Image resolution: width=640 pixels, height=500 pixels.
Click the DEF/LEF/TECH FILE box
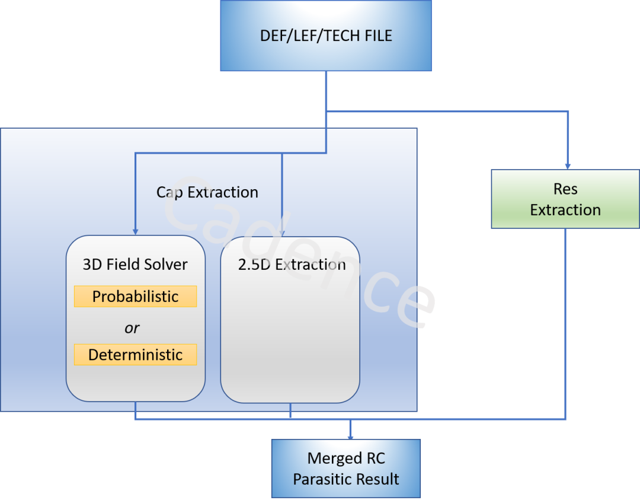pos(326,36)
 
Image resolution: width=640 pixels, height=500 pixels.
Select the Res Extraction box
pos(565,199)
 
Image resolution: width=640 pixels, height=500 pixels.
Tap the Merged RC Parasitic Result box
pos(346,469)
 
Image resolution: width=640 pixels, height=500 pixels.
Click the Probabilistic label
pos(135,297)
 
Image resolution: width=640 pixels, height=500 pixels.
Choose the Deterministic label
pos(135,355)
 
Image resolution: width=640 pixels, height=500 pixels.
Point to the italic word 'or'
pos(132,328)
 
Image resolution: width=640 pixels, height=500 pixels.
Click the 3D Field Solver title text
pos(135,265)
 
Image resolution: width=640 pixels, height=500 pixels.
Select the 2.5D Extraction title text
pos(292,265)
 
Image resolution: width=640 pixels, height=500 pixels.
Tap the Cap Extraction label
pos(207,192)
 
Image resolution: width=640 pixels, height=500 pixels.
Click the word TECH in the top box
pos(340,36)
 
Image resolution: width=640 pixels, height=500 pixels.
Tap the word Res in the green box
pos(565,189)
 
